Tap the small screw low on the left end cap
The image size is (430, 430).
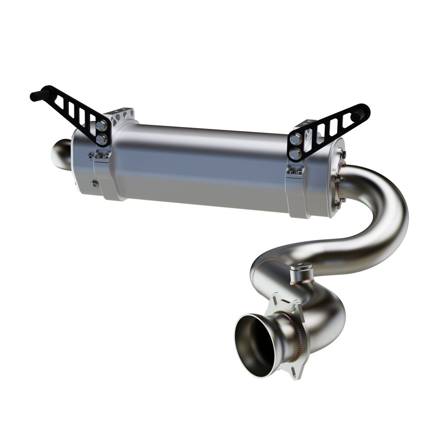coord(95,184)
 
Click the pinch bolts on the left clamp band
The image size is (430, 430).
coord(101,157)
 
